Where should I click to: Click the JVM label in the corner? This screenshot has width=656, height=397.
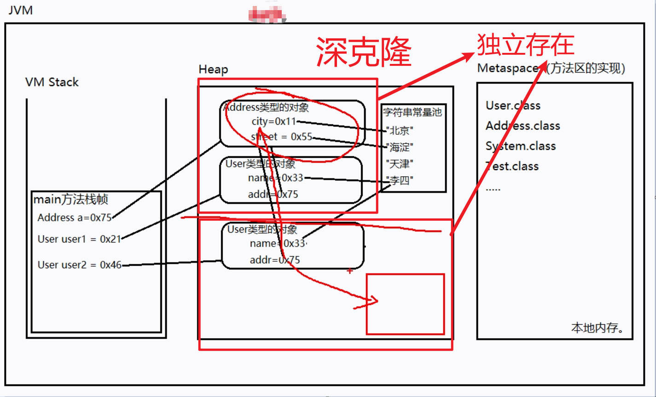click(21, 10)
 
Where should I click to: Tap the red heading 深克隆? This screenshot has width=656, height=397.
click(364, 52)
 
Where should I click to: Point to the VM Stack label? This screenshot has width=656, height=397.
click(52, 82)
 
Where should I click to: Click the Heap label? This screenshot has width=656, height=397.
click(213, 69)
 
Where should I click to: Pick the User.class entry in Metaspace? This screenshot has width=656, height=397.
click(513, 105)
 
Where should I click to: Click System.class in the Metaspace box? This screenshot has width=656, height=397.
click(521, 146)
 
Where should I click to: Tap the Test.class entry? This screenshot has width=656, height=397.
click(512, 166)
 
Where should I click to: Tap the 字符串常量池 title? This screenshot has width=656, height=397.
click(412, 112)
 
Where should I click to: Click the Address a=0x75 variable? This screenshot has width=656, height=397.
click(75, 218)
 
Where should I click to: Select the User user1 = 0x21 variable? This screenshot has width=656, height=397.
click(79, 239)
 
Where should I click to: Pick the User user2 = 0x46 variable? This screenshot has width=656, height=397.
click(79, 265)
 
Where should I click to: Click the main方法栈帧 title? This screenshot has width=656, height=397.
click(71, 199)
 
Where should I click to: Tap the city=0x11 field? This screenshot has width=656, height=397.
click(273, 121)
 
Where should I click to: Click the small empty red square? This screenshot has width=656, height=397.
click(405, 304)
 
